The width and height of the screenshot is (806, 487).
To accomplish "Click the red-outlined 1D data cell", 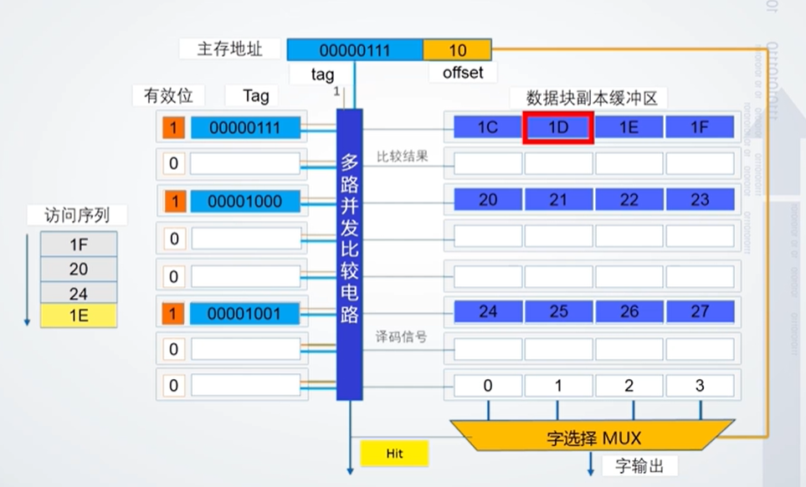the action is click(x=558, y=127).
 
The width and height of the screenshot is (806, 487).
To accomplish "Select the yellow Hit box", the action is click(x=394, y=454).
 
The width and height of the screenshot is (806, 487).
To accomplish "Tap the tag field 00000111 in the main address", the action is click(x=355, y=50).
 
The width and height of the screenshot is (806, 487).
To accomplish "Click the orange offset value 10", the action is click(x=457, y=50).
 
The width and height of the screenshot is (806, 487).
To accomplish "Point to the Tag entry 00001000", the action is click(x=244, y=201).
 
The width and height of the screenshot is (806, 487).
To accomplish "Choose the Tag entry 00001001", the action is click(x=244, y=314).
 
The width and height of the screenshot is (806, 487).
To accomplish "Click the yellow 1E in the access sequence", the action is click(x=80, y=315).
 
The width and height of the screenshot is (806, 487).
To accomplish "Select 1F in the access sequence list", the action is click(x=80, y=244).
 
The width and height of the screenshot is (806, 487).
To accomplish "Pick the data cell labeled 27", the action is click(x=700, y=312).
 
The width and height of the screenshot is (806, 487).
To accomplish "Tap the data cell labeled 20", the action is click(x=488, y=199).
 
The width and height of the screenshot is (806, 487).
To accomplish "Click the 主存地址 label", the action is click(x=230, y=49).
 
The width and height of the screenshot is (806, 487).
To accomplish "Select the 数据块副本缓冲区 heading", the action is click(x=592, y=97).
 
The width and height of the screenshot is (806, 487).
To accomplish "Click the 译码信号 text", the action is click(x=402, y=337).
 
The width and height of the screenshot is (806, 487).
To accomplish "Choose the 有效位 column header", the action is click(x=168, y=95).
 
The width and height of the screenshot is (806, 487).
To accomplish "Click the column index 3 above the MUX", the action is click(x=700, y=386).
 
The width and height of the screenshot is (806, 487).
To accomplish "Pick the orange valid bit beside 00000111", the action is click(x=173, y=128).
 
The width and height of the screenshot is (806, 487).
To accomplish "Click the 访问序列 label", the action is click(x=78, y=215).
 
